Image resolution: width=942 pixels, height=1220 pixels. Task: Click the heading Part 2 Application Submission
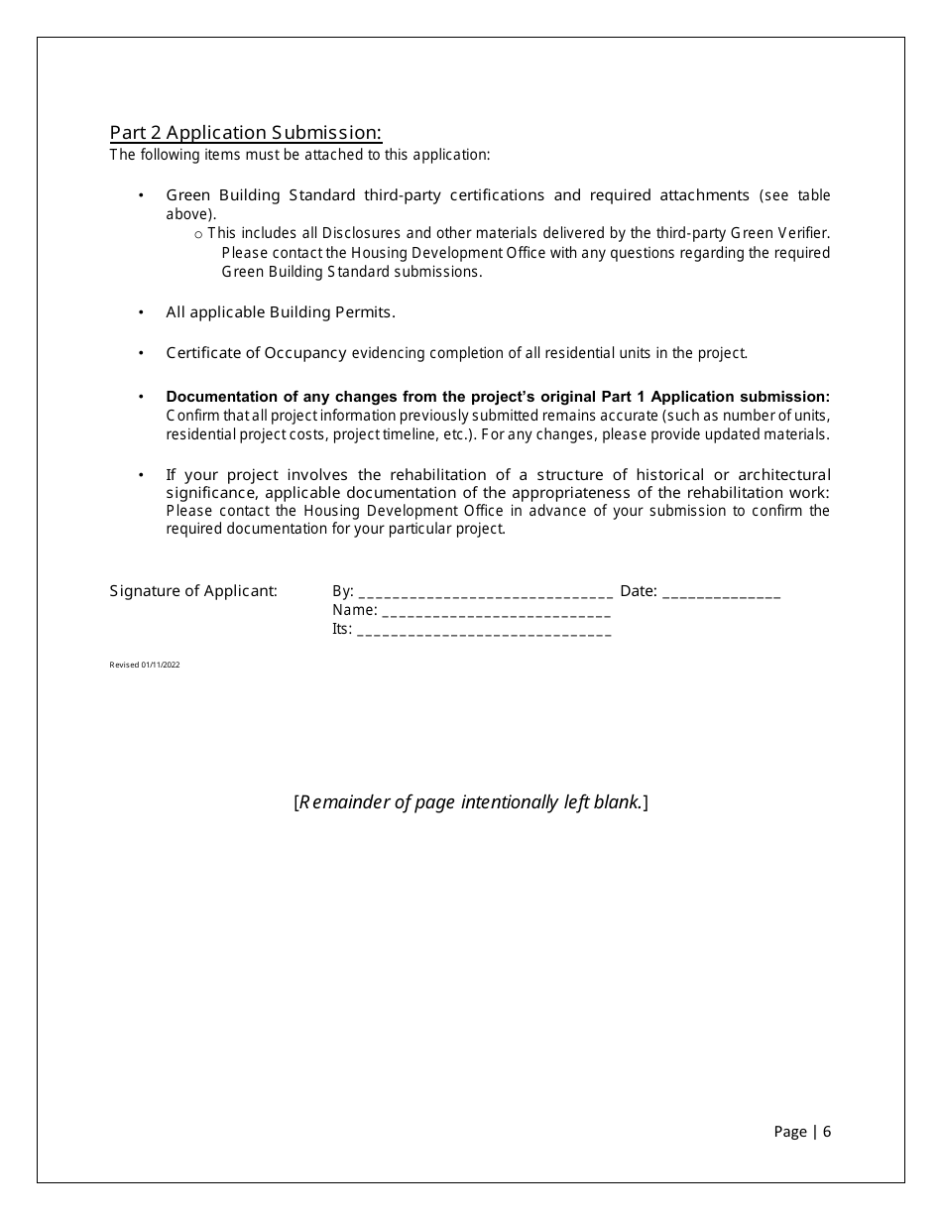click(x=245, y=133)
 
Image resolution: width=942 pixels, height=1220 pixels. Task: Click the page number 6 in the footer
click(x=827, y=1132)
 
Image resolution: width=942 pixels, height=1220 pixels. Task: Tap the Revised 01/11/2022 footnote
click(x=144, y=665)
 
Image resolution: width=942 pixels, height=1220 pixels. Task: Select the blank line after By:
click(x=484, y=593)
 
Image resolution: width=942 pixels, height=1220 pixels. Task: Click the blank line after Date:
click(x=721, y=593)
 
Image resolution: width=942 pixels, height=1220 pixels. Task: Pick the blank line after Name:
click(x=496, y=612)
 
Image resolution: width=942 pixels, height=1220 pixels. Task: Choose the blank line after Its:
click(x=483, y=631)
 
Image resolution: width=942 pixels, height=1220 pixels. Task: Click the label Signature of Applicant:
click(x=193, y=591)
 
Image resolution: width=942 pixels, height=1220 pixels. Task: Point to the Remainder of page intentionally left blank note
click(x=471, y=802)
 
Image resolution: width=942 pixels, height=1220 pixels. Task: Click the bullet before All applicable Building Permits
click(x=141, y=312)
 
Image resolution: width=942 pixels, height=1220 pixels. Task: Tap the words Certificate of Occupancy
click(x=256, y=353)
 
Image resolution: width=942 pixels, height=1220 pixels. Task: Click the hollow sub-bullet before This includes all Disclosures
click(x=198, y=234)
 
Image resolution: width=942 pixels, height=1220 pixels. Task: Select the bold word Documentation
click(x=217, y=396)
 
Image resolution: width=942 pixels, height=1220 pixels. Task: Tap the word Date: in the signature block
click(x=639, y=591)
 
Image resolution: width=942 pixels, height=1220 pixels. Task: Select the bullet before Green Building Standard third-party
click(x=141, y=195)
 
